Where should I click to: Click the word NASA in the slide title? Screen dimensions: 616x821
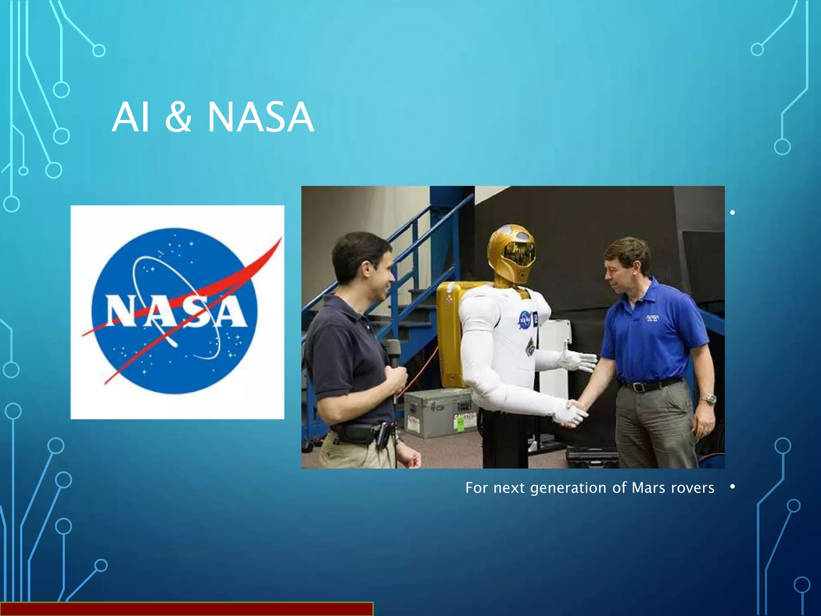[261, 118]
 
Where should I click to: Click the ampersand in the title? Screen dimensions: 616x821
[178, 118]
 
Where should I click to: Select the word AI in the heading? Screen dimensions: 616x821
[131, 118]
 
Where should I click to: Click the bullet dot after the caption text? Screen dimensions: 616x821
[732, 486]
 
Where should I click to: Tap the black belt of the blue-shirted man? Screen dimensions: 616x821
[649, 385]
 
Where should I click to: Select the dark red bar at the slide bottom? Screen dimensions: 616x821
[186, 609]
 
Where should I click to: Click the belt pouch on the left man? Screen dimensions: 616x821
[357, 433]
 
